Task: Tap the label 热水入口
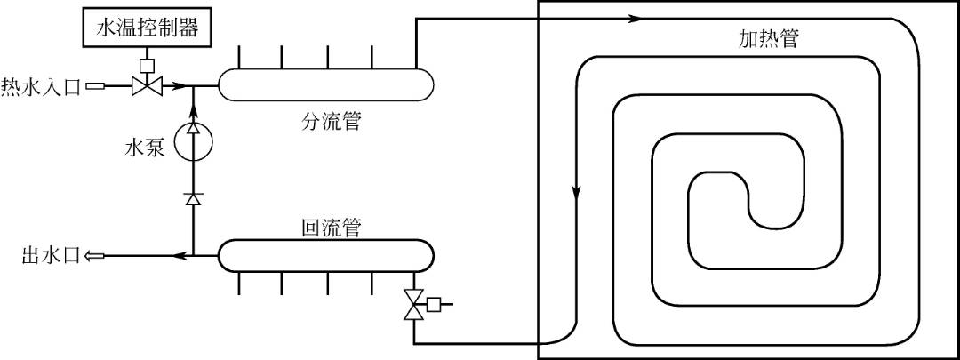pos(41,86)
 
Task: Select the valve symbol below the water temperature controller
pos(144,86)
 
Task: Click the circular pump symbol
pos(192,142)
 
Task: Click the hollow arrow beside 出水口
pos(93,256)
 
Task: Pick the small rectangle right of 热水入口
pos(95,86)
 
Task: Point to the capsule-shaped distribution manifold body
pos(327,85)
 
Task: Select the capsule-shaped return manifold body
pos(327,256)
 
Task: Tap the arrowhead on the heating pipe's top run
pos(634,18)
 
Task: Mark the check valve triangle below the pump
pos(193,198)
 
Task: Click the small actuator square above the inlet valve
pos(144,65)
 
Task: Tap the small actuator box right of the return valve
pos(435,305)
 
